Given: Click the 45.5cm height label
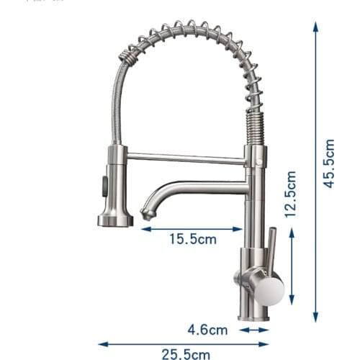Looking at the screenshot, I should coord(329,163).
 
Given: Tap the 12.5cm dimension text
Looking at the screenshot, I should coord(290,194).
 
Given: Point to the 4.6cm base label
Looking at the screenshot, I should coord(207,330).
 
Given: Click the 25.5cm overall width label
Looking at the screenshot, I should coord(186,354).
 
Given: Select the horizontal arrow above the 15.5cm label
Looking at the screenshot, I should coord(192,229).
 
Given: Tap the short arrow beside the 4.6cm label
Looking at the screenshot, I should coord(254,330).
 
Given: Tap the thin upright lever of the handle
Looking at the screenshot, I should coord(271,249).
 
